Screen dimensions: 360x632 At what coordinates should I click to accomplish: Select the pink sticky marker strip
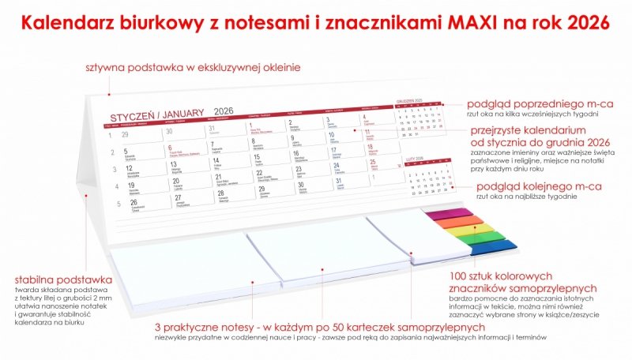pyautogui.click(x=448, y=212)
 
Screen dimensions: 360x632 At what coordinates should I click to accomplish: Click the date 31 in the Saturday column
pyautogui.click(x=339, y=182)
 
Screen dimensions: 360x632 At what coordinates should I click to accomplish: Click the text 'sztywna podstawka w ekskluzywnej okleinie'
pyautogui.click(x=193, y=68)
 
